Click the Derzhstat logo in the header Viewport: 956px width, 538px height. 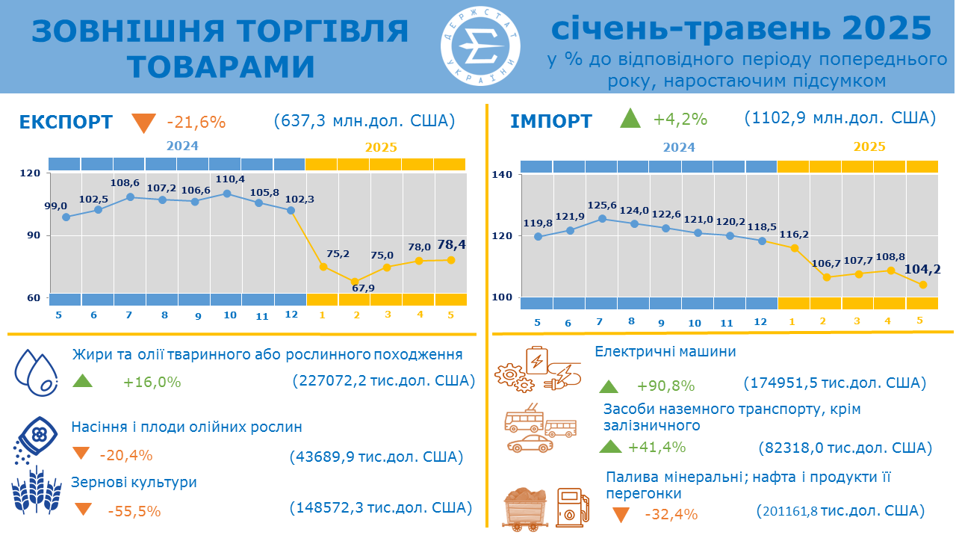[480, 47]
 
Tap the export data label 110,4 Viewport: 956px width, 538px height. [226, 179]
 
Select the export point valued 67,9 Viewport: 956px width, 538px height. [355, 282]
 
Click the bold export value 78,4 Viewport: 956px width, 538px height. [451, 244]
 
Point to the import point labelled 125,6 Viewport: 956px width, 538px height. [602, 219]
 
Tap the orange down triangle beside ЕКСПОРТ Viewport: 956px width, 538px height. [143, 123]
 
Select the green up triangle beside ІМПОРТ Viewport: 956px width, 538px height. [630, 118]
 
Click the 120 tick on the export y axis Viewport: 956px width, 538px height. [30, 173]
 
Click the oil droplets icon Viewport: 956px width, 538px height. [36, 372]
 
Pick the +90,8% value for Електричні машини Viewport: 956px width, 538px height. [665, 386]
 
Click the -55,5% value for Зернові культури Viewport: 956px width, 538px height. [134, 511]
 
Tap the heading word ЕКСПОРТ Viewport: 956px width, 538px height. [66, 122]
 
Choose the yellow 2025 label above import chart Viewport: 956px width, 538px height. [869, 146]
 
